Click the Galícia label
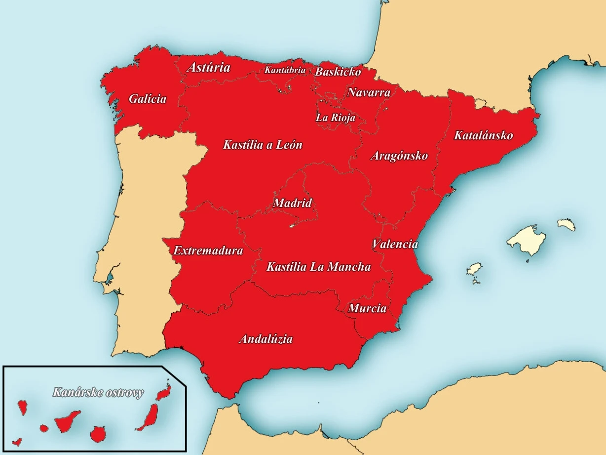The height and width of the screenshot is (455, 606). (148, 99)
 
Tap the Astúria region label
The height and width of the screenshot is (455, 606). (208, 67)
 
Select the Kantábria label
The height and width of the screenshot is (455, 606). (285, 70)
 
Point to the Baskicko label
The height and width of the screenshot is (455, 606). (338, 72)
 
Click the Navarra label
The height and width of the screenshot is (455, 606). (369, 92)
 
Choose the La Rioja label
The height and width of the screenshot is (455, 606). (335, 118)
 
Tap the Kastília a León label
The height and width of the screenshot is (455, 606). (263, 145)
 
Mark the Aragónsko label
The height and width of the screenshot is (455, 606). (399, 156)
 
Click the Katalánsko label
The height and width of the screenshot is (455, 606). (483, 135)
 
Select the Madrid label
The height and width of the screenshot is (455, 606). (293, 203)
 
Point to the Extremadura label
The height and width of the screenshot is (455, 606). (208, 250)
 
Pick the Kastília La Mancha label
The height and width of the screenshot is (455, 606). (318, 267)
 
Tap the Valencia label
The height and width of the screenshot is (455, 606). (395, 244)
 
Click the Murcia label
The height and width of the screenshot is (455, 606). (367, 309)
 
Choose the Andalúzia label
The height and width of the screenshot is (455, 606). (265, 339)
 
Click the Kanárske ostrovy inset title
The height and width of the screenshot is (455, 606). (98, 393)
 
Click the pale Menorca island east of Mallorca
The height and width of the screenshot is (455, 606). (567, 225)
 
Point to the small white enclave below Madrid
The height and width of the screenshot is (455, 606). (292, 226)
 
